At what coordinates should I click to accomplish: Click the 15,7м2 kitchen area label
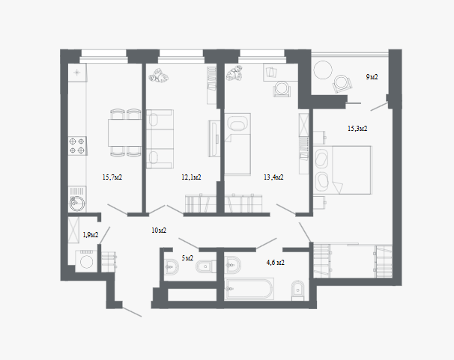112,177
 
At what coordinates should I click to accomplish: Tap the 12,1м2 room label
191,177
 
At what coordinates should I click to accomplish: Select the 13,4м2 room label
273,177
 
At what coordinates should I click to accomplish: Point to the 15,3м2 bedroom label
357,129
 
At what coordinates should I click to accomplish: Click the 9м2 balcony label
372,77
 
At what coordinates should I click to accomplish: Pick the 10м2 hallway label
159,231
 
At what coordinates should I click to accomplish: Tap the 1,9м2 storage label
91,235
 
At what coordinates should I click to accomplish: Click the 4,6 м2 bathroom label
276,263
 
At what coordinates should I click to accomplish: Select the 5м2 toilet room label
187,258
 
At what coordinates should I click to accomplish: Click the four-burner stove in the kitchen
77,146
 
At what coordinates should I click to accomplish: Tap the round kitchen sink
77,204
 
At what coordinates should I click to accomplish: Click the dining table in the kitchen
125,132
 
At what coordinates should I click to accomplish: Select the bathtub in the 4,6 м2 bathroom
249,289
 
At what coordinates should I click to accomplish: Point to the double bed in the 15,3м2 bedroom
343,170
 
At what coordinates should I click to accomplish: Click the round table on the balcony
323,70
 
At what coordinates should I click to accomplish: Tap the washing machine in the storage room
86,261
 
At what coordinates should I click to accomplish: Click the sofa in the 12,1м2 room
160,138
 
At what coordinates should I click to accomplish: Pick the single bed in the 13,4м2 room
237,144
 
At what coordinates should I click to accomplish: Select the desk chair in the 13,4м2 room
282,88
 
